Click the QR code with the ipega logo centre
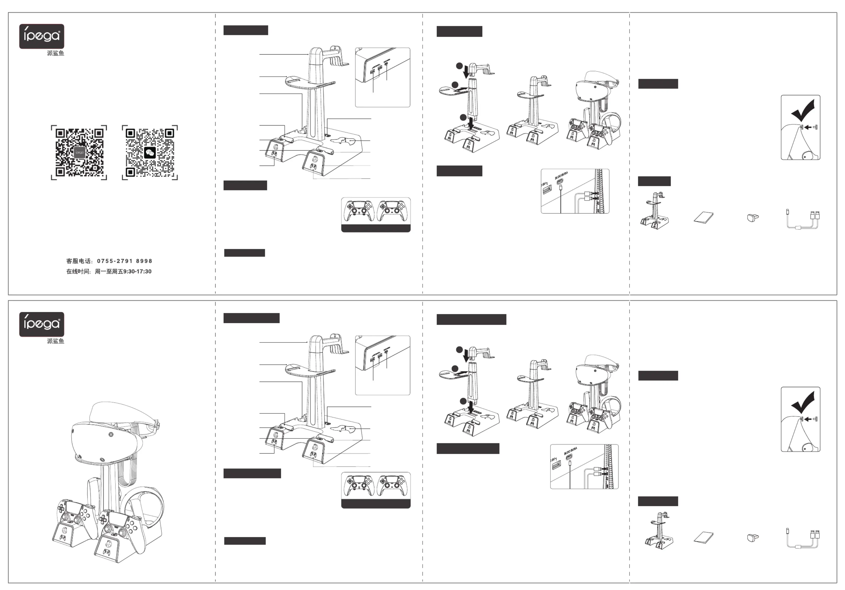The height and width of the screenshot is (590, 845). (79, 152)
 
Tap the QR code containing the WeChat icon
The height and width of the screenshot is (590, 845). (150, 152)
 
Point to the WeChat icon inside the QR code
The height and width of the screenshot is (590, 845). (150, 152)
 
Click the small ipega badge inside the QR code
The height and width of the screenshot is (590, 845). (79, 152)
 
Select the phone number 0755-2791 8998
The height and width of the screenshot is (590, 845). (124, 261)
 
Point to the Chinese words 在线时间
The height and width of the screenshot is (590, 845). (78, 272)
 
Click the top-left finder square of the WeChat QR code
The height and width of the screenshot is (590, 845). (131, 133)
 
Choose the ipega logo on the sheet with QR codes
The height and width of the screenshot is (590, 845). (42, 36)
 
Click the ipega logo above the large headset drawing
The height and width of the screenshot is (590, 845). (42, 324)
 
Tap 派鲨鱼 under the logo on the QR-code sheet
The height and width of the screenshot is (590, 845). (56, 53)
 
